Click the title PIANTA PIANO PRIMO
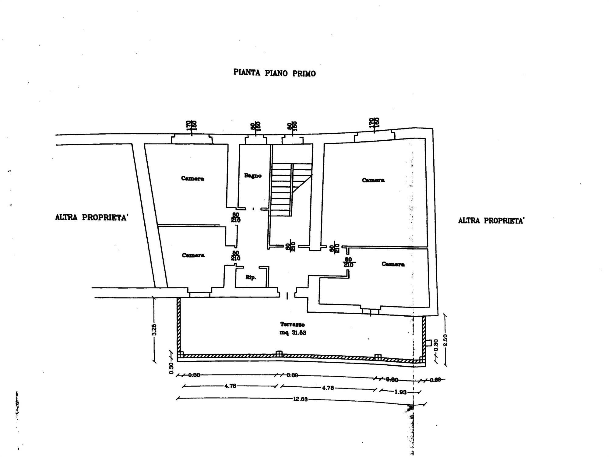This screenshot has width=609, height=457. click(x=274, y=73)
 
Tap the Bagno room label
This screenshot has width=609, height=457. click(x=253, y=176)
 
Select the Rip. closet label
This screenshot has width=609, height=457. click(x=251, y=277)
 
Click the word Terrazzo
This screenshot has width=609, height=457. click(x=292, y=325)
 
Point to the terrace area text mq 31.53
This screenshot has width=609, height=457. click(x=293, y=333)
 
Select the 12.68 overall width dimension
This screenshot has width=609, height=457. click(x=300, y=399)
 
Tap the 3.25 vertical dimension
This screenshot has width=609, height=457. click(x=154, y=329)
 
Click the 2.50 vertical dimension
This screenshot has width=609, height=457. click(x=445, y=340)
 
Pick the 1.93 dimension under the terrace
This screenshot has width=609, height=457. click(x=400, y=392)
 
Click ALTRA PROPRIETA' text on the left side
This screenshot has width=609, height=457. click(x=91, y=217)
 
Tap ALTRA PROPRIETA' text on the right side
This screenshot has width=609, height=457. click(x=491, y=221)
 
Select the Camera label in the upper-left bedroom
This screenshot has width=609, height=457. click(x=192, y=178)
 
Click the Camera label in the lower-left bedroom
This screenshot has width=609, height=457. click(x=193, y=255)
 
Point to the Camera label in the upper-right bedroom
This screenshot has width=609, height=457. click(x=373, y=180)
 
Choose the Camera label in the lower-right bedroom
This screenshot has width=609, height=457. click(x=393, y=264)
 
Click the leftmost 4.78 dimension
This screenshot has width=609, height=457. click(x=230, y=386)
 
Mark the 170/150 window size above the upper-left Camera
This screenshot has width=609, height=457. click(x=192, y=125)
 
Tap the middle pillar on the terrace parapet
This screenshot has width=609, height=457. click(x=279, y=354)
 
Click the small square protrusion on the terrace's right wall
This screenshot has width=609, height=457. click(x=428, y=343)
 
